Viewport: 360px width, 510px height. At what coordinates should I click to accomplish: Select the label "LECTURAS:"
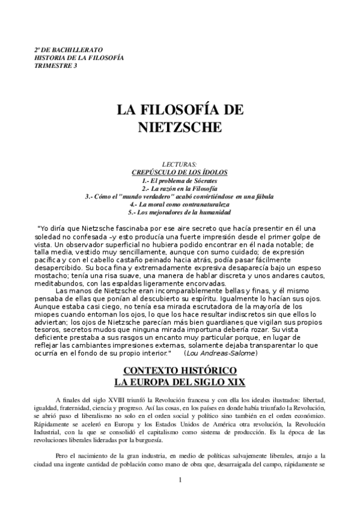[x=180, y=164]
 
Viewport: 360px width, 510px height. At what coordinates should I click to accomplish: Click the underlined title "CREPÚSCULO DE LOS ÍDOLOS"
[x=180, y=173]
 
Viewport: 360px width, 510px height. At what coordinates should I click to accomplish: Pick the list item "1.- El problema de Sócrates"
[x=180, y=180]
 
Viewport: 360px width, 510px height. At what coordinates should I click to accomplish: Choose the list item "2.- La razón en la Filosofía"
[x=180, y=188]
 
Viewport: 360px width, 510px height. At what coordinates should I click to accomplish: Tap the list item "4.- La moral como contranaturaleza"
[x=180, y=204]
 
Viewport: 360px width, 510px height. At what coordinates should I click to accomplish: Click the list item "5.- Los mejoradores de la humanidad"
[x=180, y=213]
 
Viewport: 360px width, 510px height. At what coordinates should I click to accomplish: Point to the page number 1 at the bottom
[x=180, y=497]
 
